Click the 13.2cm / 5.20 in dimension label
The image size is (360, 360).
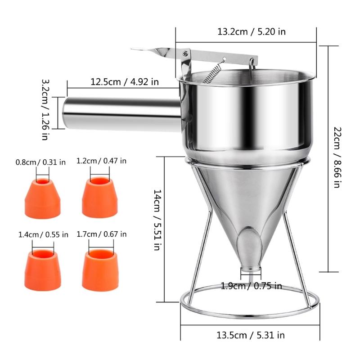pos(252,32)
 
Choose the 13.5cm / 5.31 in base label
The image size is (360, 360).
pos(250,335)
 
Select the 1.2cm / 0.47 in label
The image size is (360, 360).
pos(102,161)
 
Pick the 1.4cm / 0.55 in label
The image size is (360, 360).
pos(43,234)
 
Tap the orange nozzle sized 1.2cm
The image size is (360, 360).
pos(99,198)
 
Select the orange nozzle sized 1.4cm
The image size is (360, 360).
pos(42,270)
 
